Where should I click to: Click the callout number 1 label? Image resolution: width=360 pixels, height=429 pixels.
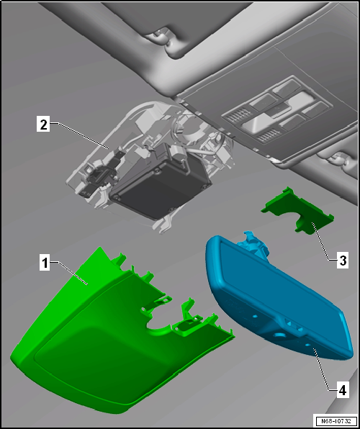[x=45, y=262]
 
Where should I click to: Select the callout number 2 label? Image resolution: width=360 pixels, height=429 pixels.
[x=43, y=124]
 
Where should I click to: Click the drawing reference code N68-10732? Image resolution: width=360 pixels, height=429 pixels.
[x=336, y=420]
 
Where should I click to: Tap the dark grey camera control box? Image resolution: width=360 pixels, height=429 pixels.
[x=160, y=184]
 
